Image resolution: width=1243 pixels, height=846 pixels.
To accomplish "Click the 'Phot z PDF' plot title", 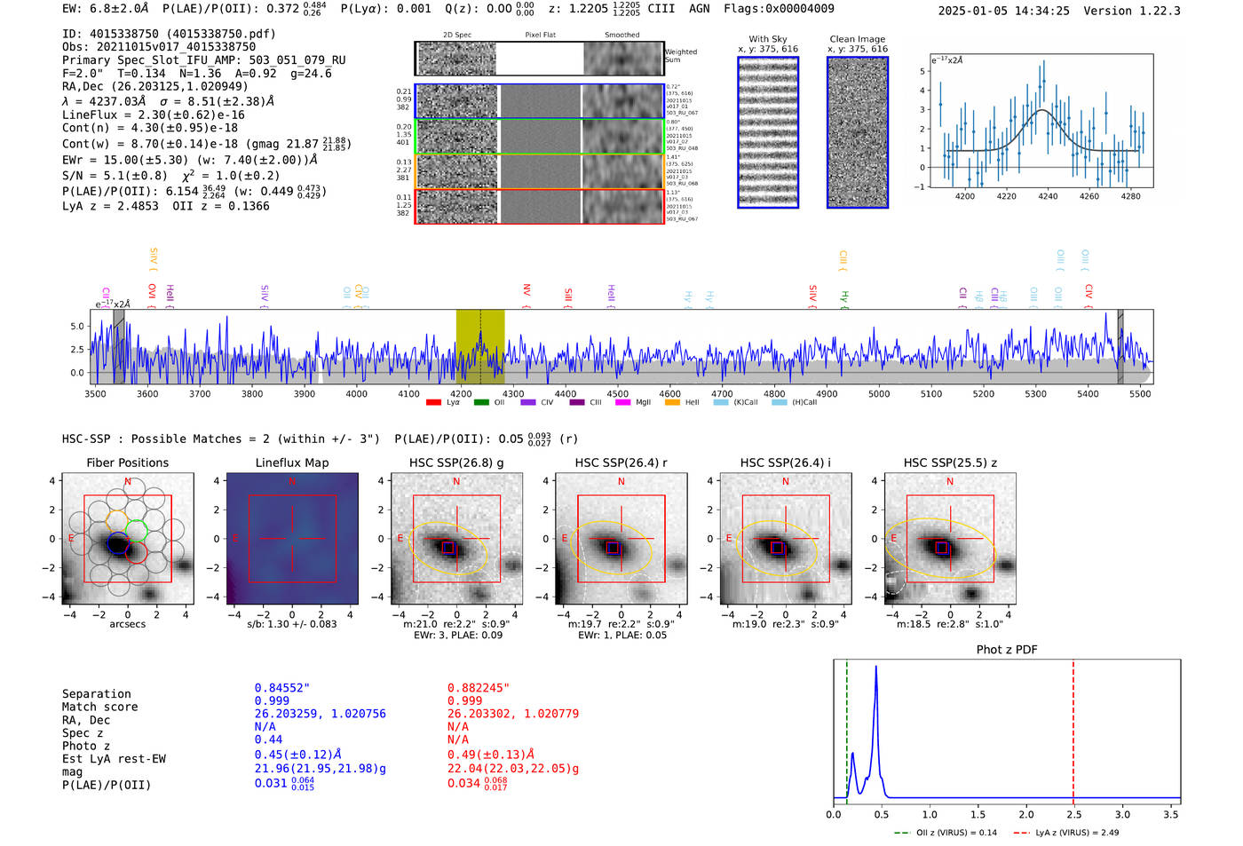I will tap(1007, 650).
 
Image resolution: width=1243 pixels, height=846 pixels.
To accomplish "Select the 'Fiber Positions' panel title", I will tap(127, 463).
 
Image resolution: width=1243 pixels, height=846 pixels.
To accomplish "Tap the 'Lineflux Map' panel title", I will tap(292, 463).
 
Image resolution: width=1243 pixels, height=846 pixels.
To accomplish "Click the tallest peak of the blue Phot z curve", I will tap(876, 667).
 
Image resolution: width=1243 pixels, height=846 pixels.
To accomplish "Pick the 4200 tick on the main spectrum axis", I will tap(461, 393).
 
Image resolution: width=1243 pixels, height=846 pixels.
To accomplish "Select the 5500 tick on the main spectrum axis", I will tap(1140, 393).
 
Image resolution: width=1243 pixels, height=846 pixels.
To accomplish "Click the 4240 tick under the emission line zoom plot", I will tap(1048, 196).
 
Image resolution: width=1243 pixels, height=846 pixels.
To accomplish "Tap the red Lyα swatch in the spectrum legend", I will tap(433, 403).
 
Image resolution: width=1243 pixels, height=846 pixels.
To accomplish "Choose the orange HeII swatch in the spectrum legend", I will tap(672, 403).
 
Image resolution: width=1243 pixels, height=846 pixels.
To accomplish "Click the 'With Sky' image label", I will tap(768, 39).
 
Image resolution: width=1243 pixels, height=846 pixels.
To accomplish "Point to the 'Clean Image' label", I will tap(857, 39).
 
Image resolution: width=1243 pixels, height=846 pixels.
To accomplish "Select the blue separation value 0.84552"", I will tap(282, 688).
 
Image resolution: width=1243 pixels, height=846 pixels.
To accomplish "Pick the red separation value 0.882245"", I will tap(479, 688).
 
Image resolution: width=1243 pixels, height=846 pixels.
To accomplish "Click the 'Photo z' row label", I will tap(86, 746).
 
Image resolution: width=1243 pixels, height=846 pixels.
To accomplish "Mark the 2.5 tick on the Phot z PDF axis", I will tap(1074, 814).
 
